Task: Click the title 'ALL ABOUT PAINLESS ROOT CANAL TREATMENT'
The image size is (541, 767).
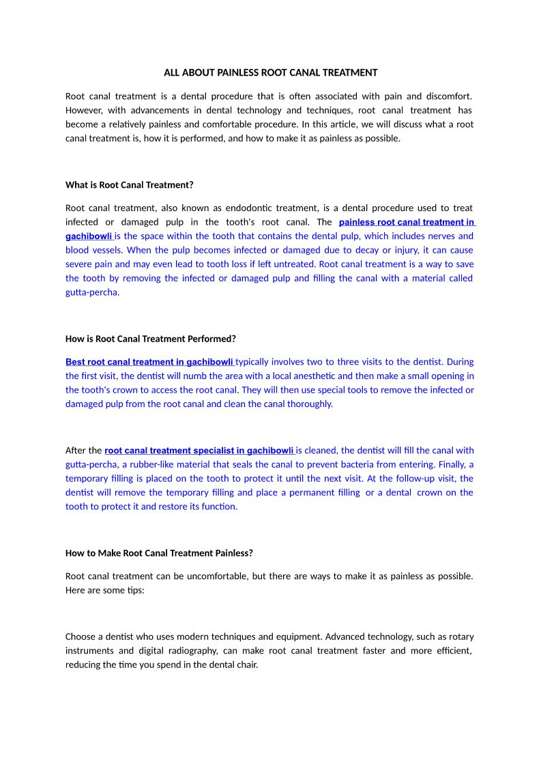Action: click(270, 72)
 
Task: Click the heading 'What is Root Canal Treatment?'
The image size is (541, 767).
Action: click(130, 184)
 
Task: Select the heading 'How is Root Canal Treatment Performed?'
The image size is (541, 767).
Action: click(151, 339)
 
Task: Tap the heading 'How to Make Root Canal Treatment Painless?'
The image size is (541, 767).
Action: click(159, 553)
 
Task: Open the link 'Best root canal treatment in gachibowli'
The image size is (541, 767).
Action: click(149, 362)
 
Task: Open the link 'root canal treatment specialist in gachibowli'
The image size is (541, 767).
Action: click(199, 451)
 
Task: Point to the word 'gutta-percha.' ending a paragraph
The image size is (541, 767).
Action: click(93, 292)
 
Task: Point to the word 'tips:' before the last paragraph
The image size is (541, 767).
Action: click(135, 590)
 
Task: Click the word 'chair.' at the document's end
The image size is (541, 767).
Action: click(246, 665)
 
